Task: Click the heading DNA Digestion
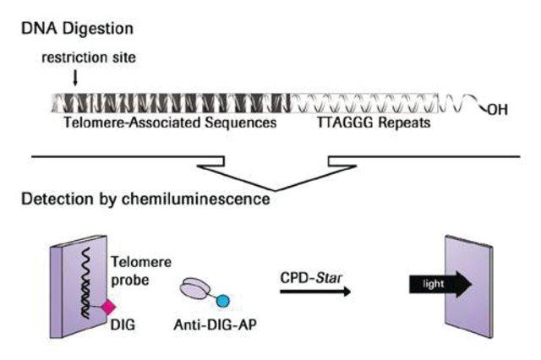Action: (x=77, y=28)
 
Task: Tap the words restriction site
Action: (x=89, y=57)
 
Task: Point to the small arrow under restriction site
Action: (x=75, y=78)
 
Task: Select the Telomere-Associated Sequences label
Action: (x=170, y=123)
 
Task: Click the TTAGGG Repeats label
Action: (x=374, y=123)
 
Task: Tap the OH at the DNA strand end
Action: (x=498, y=110)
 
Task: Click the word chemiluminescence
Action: (x=196, y=199)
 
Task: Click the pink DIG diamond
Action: (x=108, y=308)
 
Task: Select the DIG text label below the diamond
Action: (x=123, y=325)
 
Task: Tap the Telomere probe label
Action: (x=141, y=271)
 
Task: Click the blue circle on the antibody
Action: (x=222, y=301)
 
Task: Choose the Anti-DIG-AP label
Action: (x=215, y=325)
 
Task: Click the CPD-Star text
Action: (x=311, y=278)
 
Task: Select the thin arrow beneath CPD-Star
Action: (x=315, y=292)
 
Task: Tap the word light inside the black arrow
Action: (x=434, y=284)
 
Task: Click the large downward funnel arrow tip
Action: (x=276, y=190)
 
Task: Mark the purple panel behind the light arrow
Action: (x=469, y=286)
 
